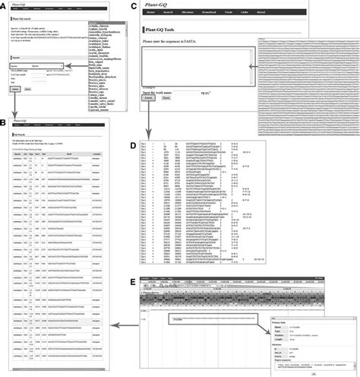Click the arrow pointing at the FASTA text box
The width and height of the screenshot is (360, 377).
point(262,68)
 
